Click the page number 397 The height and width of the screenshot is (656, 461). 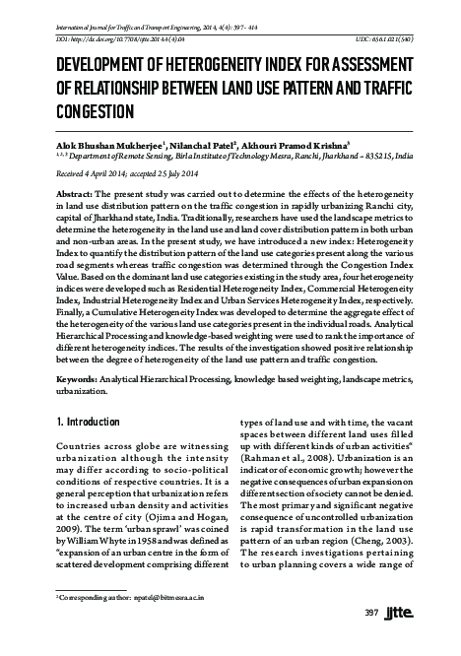[372, 640]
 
